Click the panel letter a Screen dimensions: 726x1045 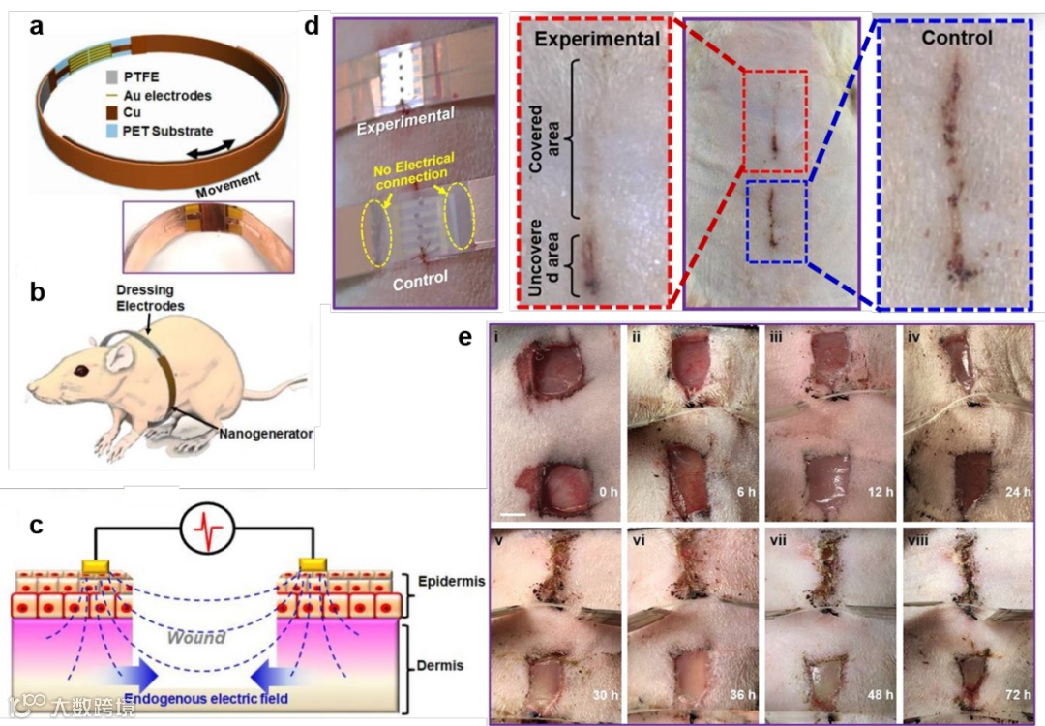pyautogui.click(x=37, y=26)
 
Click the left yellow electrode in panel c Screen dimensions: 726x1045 pyautogui.click(x=98, y=564)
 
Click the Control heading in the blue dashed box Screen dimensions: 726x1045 pyautogui.click(x=956, y=39)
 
